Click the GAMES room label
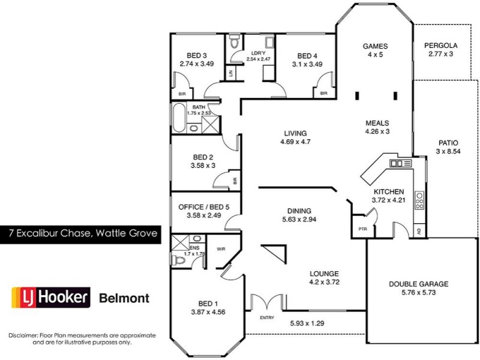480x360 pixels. coord(376,46)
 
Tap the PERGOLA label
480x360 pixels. coord(440,46)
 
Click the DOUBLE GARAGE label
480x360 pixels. coord(418,284)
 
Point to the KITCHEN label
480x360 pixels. coord(388,191)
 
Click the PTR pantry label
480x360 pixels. coord(362,229)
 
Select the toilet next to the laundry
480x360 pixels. coord(235,43)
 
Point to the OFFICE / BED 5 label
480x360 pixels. coord(204,207)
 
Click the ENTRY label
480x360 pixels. coord(266,317)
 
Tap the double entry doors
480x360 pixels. coord(266,302)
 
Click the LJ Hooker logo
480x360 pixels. coord(51,297)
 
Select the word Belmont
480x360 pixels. coord(124,298)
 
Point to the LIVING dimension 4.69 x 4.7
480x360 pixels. coord(296,142)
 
